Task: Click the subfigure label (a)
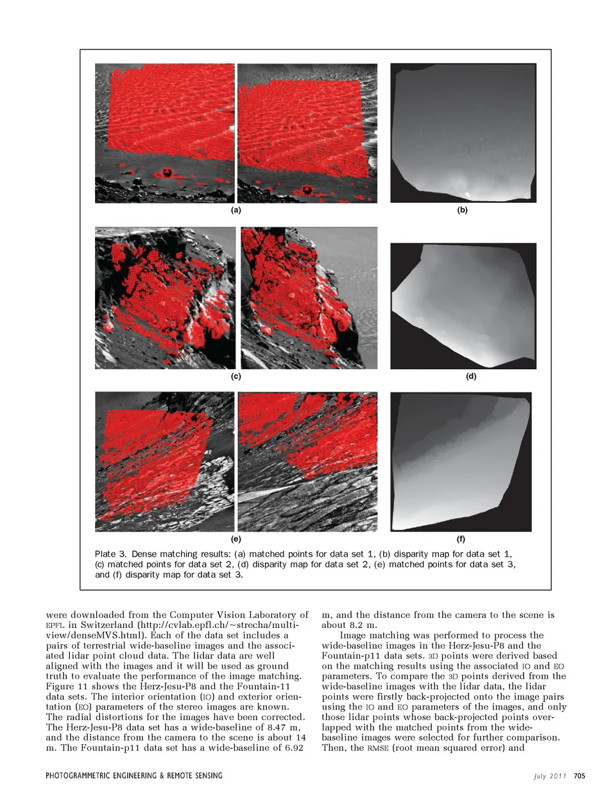235,210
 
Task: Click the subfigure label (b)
462,210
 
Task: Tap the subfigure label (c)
235,376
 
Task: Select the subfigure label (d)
470,376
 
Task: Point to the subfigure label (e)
235,539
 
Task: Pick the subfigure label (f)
461,539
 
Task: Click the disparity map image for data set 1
463,132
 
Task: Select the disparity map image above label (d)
463,306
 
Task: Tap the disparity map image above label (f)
461,462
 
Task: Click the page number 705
579,776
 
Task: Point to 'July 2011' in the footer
550,776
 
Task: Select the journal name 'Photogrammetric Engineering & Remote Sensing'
134,776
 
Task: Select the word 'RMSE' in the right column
377,748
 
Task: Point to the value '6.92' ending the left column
293,748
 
